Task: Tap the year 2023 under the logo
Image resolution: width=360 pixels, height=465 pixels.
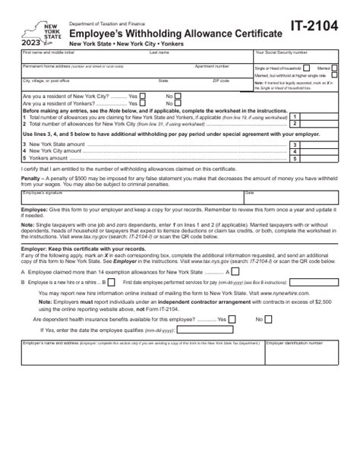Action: point(33,45)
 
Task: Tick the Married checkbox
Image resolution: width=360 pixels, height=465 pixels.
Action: point(335,67)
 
